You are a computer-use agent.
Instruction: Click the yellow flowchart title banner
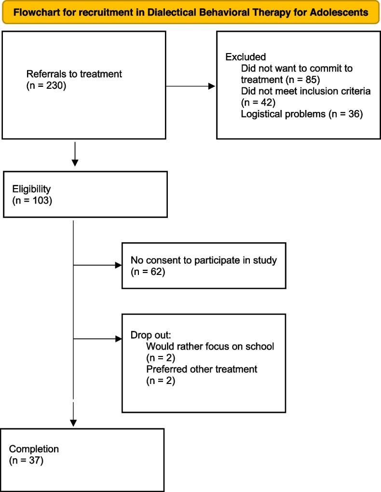[190, 13]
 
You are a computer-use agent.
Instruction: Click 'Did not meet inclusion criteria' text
[306, 91]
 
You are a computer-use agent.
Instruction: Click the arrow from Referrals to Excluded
[190, 87]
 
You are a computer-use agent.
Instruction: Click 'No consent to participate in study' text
[204, 261]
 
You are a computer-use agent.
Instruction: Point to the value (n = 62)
[148, 272]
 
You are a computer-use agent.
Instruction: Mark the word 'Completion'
[34, 449]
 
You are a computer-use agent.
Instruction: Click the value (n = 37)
[27, 461]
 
